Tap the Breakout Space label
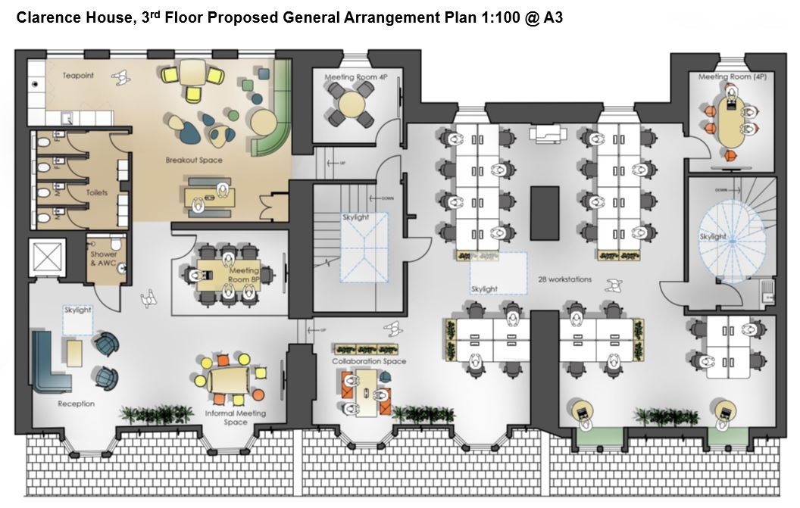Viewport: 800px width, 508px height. tap(194, 161)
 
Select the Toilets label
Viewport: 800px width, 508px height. tap(96, 193)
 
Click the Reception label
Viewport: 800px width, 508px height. tap(77, 404)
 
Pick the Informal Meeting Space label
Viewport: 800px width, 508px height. tap(236, 418)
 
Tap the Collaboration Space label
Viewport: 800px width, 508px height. tap(369, 362)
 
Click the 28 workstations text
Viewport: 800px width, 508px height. tap(565, 279)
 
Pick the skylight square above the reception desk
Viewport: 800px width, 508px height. tap(77, 319)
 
